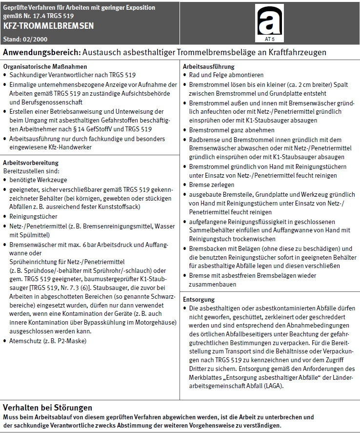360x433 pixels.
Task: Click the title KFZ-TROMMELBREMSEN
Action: [x=48, y=25]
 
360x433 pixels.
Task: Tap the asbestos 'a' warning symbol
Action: [x=269, y=21]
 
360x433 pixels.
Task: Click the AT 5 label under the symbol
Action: [x=269, y=37]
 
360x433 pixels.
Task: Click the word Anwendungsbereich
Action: [x=42, y=52]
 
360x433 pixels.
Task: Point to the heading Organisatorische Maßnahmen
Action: [x=45, y=66]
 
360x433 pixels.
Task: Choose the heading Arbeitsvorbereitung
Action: [x=31, y=163]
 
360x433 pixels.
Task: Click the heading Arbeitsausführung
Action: [x=208, y=66]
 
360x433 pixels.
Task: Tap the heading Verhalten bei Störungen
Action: [x=47, y=408]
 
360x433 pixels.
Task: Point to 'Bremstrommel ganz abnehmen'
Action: [x=231, y=130]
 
